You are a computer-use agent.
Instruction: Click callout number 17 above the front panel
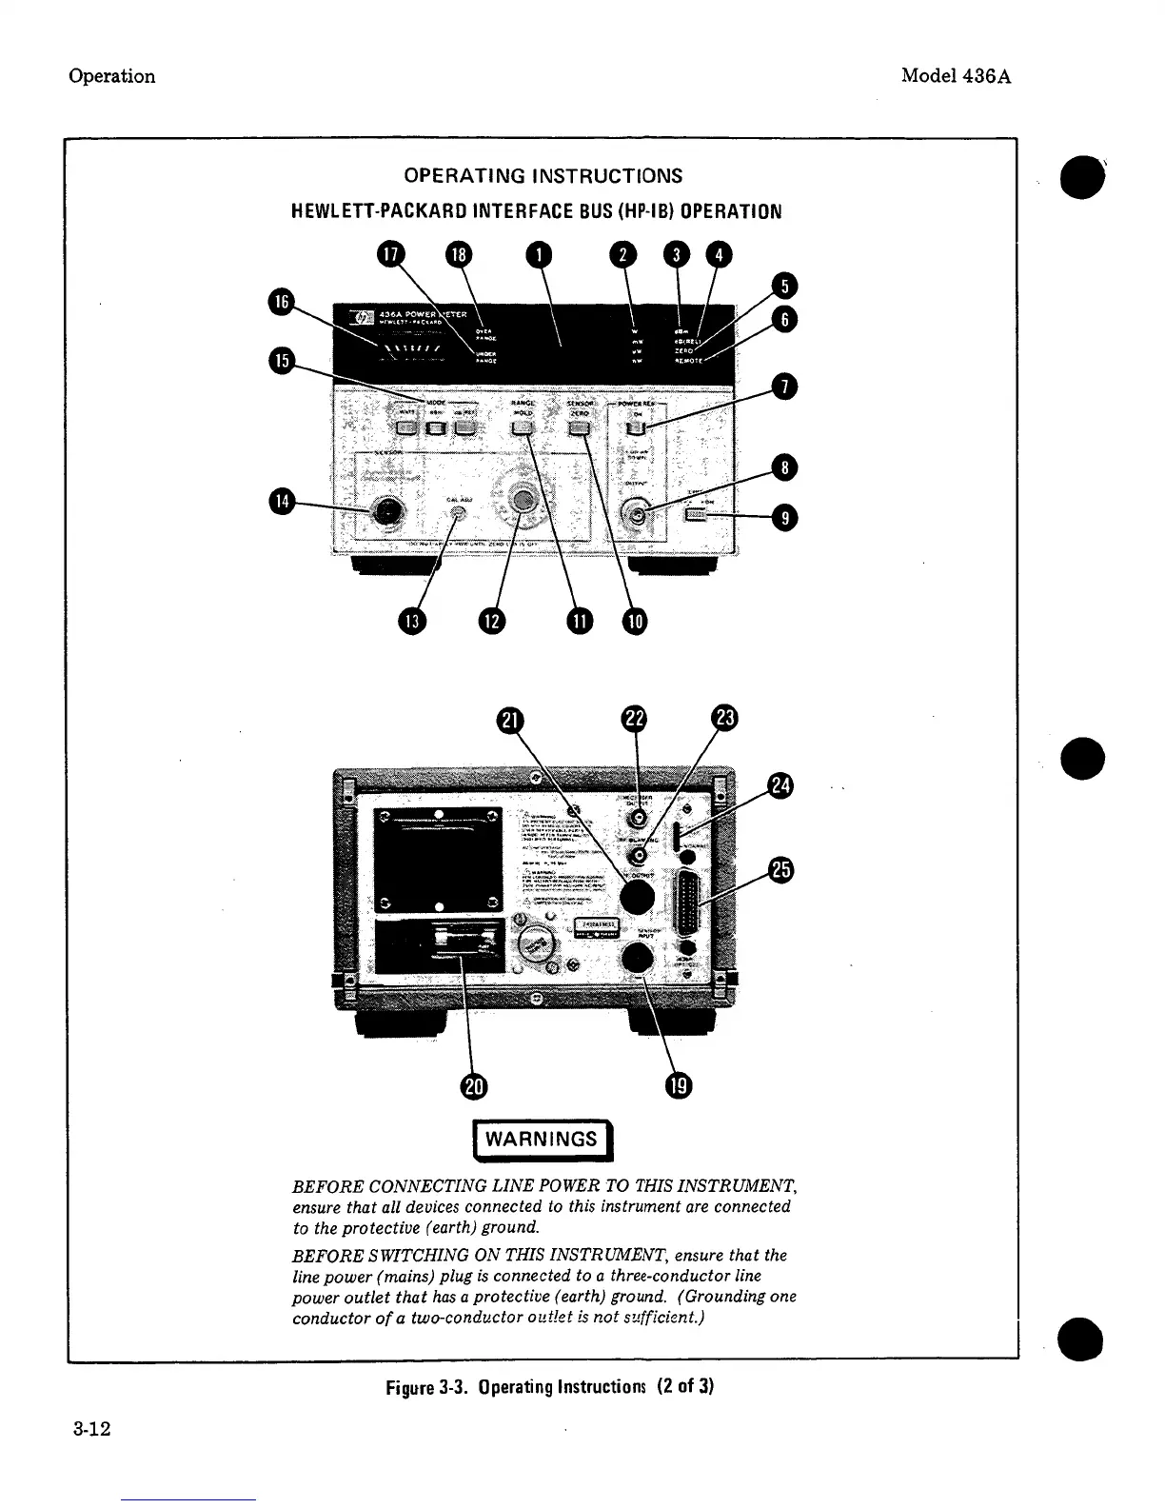pyautogui.click(x=389, y=254)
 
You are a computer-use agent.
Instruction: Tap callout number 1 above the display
pyautogui.click(x=539, y=254)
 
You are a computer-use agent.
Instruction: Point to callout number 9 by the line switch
pyautogui.click(x=785, y=518)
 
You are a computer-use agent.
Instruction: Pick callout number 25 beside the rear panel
pyautogui.click(x=781, y=870)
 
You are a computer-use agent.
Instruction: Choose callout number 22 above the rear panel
pyautogui.click(x=634, y=719)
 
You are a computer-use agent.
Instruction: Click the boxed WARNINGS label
pyautogui.click(x=543, y=1141)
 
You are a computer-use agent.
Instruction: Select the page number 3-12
pyautogui.click(x=91, y=1429)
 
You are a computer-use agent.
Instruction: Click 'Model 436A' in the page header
pyautogui.click(x=956, y=76)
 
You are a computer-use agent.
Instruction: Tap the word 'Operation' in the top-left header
pyautogui.click(x=112, y=76)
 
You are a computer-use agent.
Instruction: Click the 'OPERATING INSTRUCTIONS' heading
pyautogui.click(x=543, y=176)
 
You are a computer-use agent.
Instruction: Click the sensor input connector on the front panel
pyautogui.click(x=385, y=513)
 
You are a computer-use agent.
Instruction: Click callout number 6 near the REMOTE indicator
pyautogui.click(x=784, y=319)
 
